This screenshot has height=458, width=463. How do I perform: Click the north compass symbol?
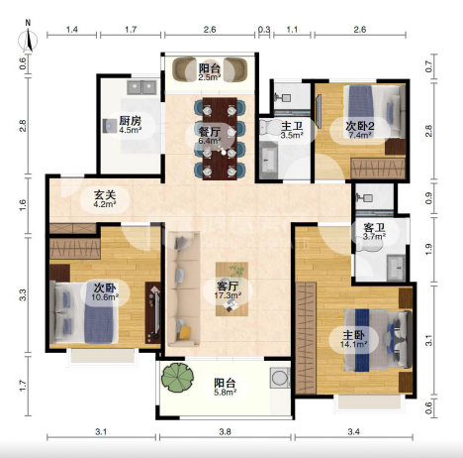(x=28, y=39)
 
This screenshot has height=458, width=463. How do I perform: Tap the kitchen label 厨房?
(x=131, y=120)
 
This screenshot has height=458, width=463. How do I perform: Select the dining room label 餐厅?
(x=210, y=132)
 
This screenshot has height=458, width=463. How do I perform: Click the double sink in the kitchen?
(x=141, y=87)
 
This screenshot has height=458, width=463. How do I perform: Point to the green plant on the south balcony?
(x=178, y=378)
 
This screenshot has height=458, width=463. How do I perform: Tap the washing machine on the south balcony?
(x=280, y=378)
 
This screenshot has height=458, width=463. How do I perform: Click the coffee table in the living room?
(x=231, y=288)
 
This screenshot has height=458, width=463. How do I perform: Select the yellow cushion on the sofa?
(x=185, y=332)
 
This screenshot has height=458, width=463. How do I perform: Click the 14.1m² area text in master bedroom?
(x=354, y=344)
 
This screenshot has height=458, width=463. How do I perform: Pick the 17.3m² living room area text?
(x=228, y=295)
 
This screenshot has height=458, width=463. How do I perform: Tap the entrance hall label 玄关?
(x=105, y=194)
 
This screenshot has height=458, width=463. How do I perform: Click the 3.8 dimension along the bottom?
(x=225, y=431)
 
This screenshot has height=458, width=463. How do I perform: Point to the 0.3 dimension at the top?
(x=264, y=30)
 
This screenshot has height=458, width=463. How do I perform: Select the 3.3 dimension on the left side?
(x=23, y=294)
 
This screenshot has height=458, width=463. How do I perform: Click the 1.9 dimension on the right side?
(x=428, y=249)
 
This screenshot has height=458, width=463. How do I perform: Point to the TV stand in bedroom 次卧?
(x=153, y=312)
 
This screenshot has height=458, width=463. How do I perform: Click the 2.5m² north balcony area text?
(x=210, y=77)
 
